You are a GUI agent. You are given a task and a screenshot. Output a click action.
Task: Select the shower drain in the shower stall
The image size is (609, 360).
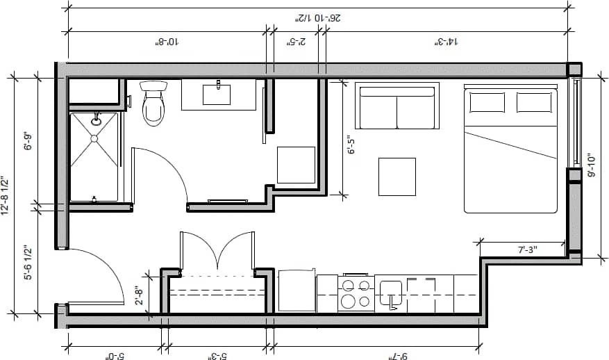pyautogui.click(x=94, y=138)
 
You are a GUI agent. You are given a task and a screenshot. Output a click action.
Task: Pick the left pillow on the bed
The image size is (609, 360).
pyautogui.click(x=487, y=102)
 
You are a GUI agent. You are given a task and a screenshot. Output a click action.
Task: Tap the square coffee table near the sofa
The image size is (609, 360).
pyautogui.click(x=397, y=177)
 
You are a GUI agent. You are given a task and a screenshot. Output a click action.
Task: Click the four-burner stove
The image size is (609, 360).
pyautogui.click(x=356, y=293)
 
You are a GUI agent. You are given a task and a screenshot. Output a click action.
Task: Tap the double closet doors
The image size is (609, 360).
pyautogui.click(x=218, y=250)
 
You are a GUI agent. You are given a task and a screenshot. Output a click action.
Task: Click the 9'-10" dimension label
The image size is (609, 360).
pyautogui.click(x=591, y=166)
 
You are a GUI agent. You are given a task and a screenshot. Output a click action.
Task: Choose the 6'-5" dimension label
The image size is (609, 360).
pyautogui.click(x=351, y=146)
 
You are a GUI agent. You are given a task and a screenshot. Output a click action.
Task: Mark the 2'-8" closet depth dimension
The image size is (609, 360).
pyautogui.click(x=140, y=295)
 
